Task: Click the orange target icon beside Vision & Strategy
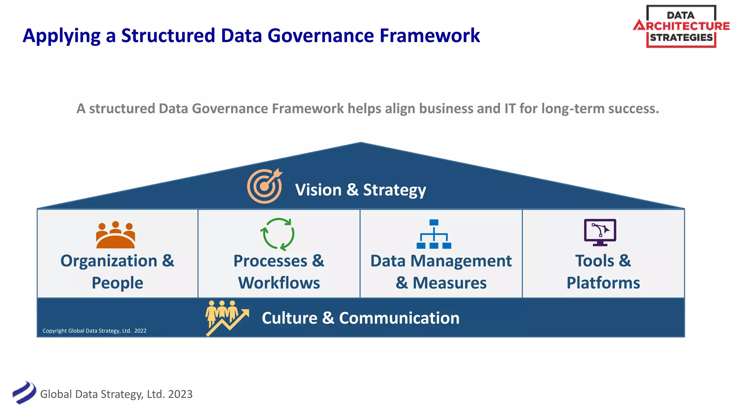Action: (264, 186)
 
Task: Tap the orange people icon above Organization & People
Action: (115, 235)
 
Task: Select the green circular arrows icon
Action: (277, 234)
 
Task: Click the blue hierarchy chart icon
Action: (434, 234)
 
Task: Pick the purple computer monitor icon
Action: (600, 232)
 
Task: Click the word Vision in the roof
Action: (318, 190)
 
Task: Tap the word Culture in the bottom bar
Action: (289, 318)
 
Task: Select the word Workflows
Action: (279, 283)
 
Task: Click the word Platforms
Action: (603, 283)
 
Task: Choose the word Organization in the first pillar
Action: (109, 261)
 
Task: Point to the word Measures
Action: (450, 283)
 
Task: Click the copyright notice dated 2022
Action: (95, 331)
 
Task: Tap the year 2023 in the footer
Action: (180, 394)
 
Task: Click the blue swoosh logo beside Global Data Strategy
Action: (24, 393)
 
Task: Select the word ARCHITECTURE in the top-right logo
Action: (681, 26)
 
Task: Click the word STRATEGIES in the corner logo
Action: (681, 37)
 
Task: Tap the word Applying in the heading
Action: (61, 36)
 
